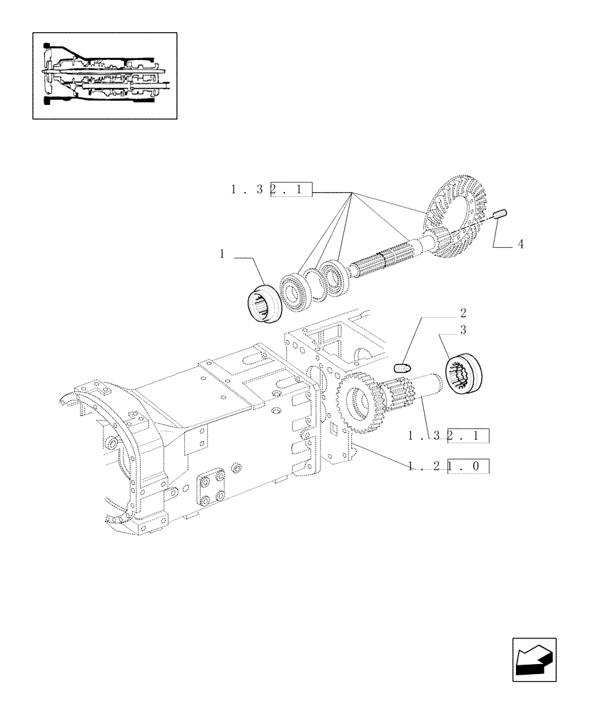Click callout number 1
tap(223, 253)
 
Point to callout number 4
tap(520, 244)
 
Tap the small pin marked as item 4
tap(500, 213)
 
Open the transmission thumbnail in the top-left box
tap(105, 74)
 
